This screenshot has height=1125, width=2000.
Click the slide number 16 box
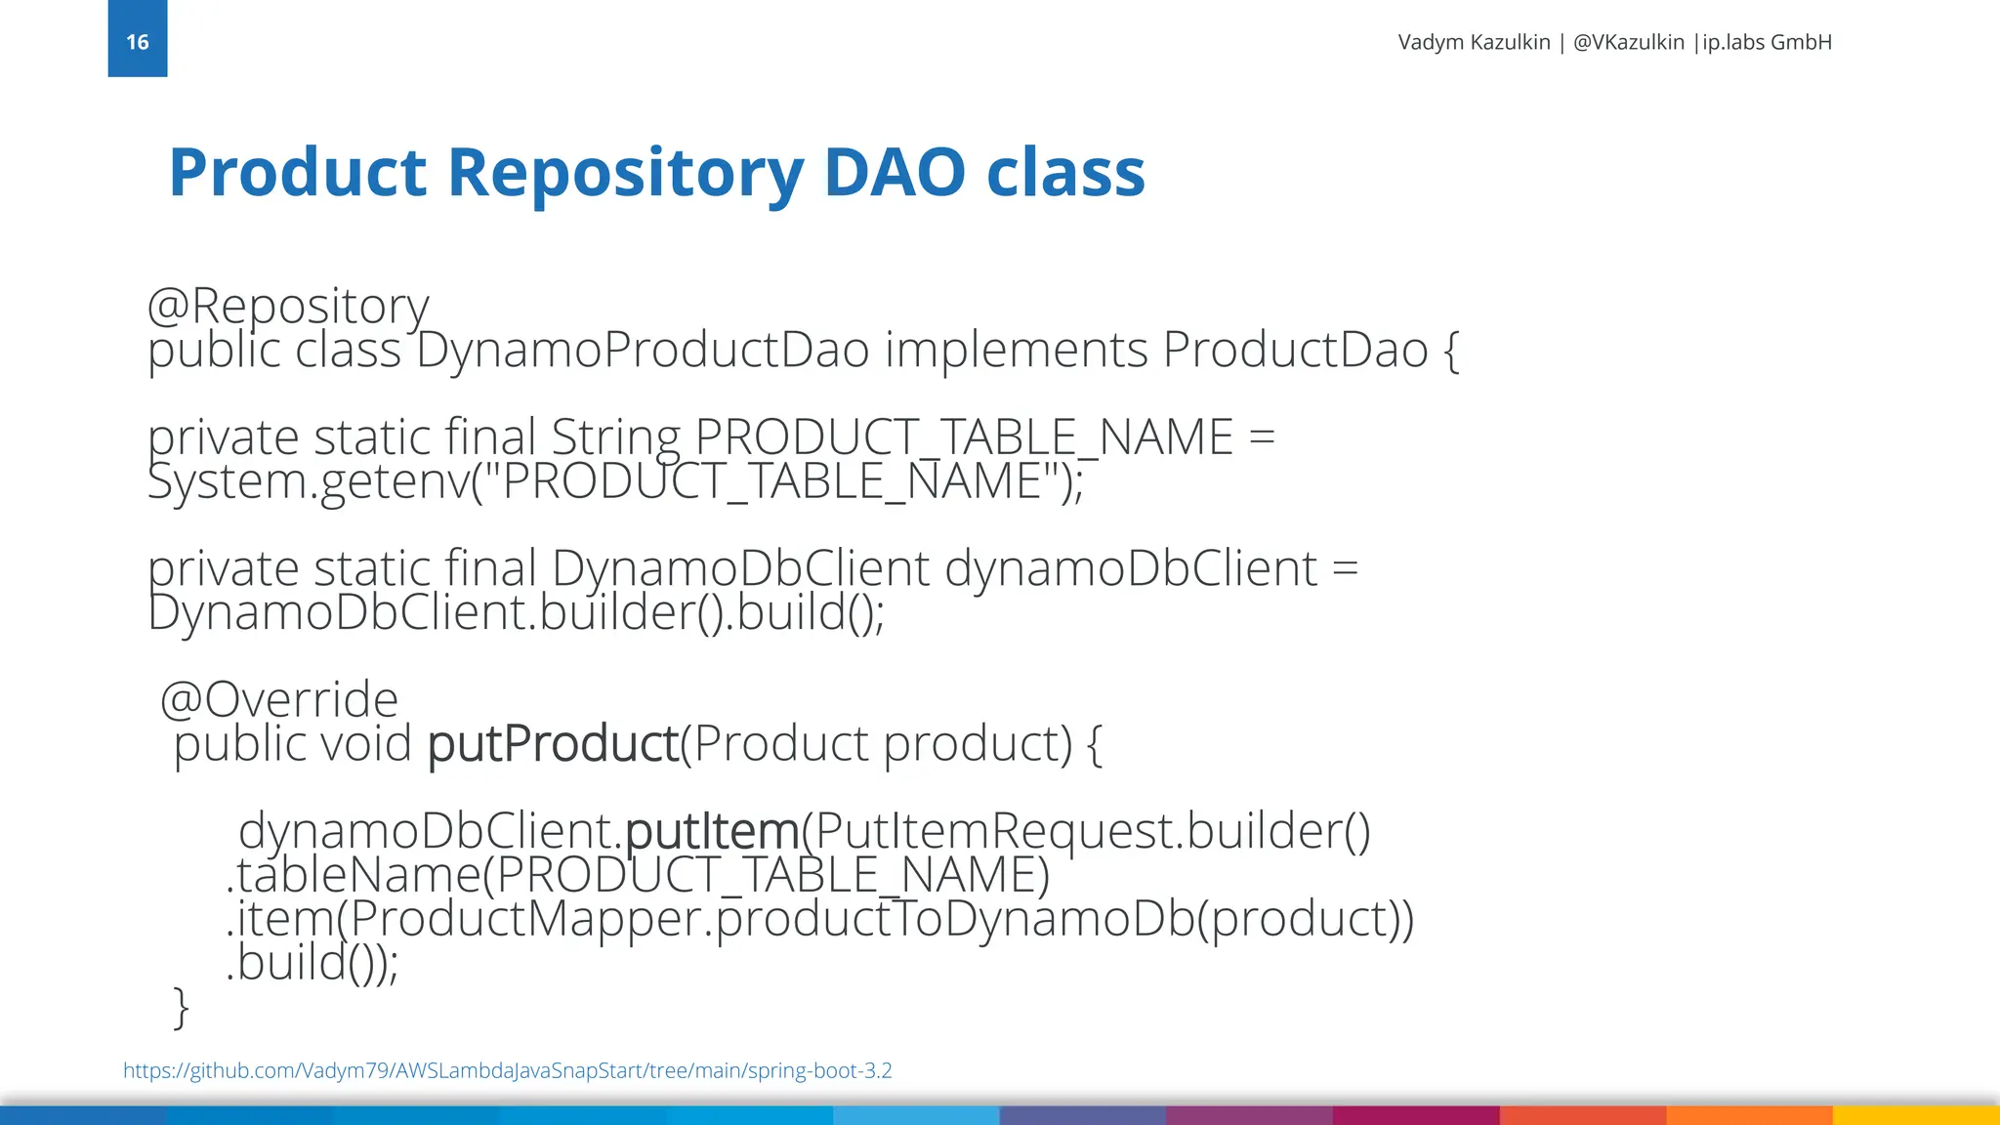click(138, 39)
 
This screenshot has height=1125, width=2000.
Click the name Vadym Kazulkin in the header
click(1474, 42)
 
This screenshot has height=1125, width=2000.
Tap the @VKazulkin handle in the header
click(1628, 42)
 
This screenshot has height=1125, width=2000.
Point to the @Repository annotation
click(288, 307)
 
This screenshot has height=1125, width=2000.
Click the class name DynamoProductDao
click(643, 351)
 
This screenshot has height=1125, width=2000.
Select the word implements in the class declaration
click(1016, 351)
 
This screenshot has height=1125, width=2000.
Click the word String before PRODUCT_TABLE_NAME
click(615, 437)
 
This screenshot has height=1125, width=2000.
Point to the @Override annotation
click(279, 700)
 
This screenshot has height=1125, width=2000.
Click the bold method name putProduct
click(553, 744)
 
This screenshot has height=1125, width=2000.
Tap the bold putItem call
click(712, 832)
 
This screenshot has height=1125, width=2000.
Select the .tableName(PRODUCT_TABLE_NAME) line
click(638, 875)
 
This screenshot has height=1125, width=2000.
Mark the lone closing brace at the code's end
click(181, 1006)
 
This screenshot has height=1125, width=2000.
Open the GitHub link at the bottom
click(507, 1070)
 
